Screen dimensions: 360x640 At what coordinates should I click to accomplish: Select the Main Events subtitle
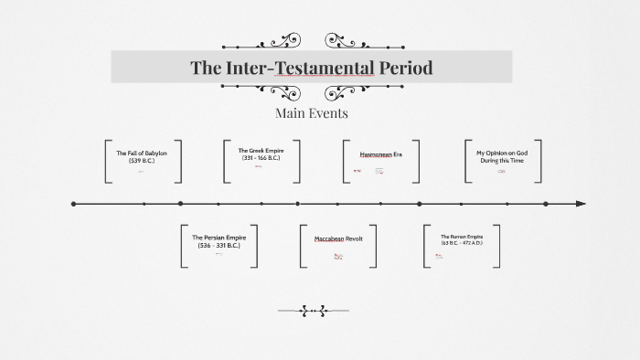point(311,113)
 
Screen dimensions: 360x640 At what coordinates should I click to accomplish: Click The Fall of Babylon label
point(142,153)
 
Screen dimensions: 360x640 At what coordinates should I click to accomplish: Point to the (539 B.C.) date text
point(142,161)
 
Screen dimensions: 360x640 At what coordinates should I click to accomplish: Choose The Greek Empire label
point(261,150)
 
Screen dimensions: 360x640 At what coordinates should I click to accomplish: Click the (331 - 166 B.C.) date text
point(261,157)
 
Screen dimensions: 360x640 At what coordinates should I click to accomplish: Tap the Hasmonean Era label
point(380,154)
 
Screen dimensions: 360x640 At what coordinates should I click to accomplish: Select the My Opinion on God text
point(503,153)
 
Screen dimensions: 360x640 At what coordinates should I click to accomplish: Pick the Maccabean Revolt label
point(338,238)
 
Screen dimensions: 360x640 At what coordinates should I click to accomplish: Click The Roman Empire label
point(461,237)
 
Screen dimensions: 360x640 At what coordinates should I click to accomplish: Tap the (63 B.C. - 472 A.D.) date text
point(461,243)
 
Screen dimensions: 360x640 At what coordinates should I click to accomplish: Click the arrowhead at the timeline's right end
point(581,204)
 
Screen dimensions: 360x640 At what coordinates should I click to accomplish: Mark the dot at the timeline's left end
point(74,204)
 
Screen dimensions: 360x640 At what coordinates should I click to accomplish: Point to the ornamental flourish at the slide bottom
point(312,311)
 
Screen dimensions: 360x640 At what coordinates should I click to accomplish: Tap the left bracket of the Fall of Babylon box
point(107,163)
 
